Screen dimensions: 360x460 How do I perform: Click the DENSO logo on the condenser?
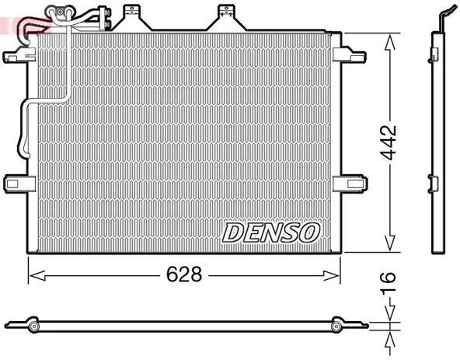click(x=271, y=232)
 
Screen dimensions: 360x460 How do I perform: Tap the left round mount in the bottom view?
click(x=33, y=325)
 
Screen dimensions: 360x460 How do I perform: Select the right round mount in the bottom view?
click(x=340, y=325)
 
